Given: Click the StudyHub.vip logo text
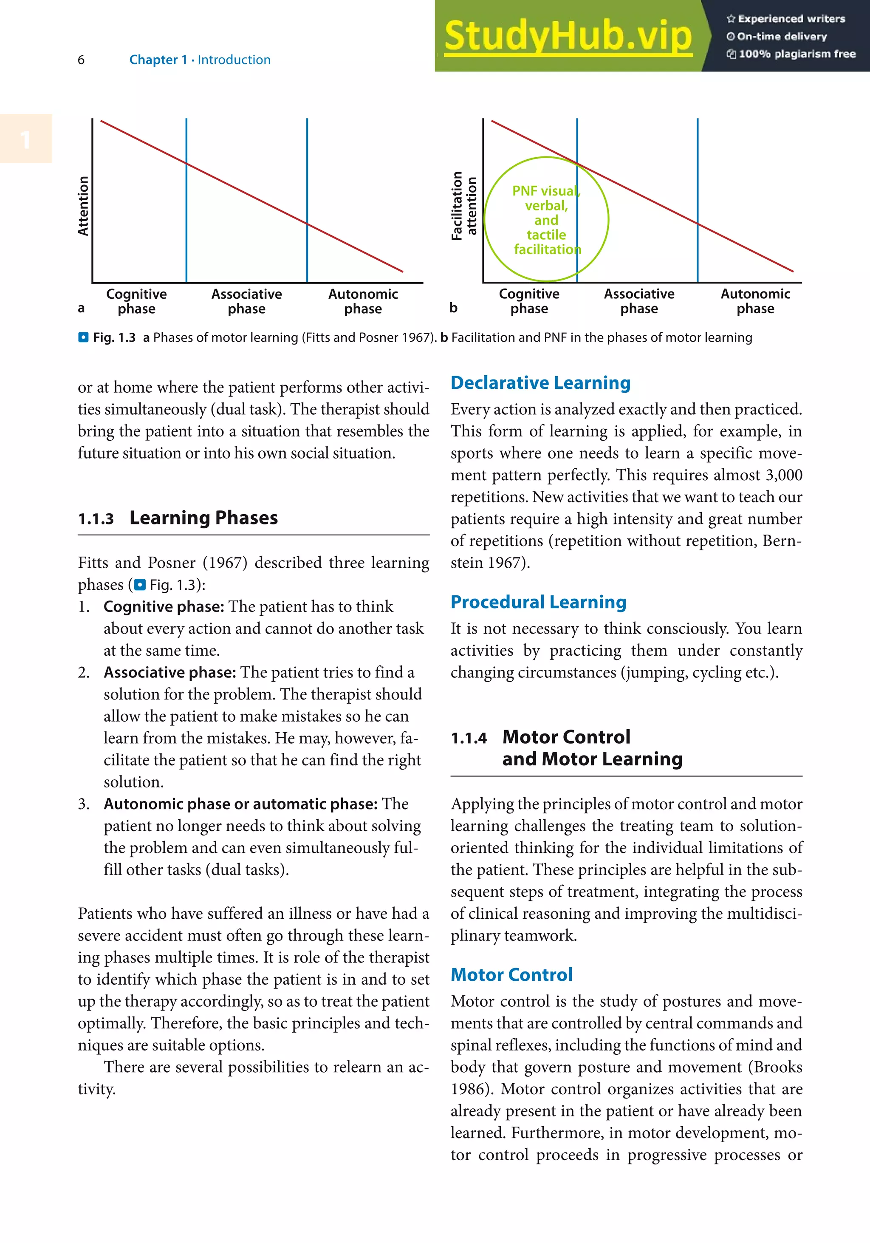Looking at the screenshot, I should pyautogui.click(x=568, y=36).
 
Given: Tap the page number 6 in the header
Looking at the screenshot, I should pyautogui.click(x=81, y=60).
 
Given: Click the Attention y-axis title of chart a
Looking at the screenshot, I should pyautogui.click(x=83, y=206).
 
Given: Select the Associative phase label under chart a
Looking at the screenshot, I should pyautogui.click(x=246, y=301).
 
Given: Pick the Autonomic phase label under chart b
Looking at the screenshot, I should pyautogui.click(x=755, y=301).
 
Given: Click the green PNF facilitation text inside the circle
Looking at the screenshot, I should pyautogui.click(x=546, y=220).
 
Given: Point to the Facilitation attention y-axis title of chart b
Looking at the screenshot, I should pyautogui.click(x=464, y=206).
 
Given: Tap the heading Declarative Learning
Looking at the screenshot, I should pyautogui.click(x=540, y=383).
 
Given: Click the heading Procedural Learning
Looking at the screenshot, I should pyautogui.click(x=538, y=602).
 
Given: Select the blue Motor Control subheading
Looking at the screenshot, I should pyautogui.click(x=511, y=975).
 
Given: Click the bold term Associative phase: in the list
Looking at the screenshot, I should pyautogui.click(x=169, y=672).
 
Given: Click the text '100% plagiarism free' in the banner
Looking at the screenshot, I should pyautogui.click(x=797, y=54).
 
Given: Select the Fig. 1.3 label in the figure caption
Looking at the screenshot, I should pyautogui.click(x=113, y=338).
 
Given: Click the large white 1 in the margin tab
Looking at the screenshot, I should pyautogui.click(x=25, y=140).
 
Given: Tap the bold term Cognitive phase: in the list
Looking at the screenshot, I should pyautogui.click(x=164, y=607).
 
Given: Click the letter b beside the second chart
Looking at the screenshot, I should pyautogui.click(x=453, y=308).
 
